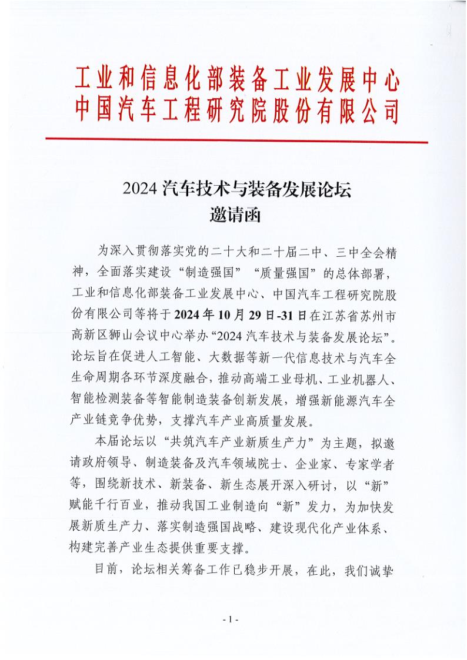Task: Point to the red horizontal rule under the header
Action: click(237, 140)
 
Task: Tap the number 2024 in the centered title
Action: click(139, 190)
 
